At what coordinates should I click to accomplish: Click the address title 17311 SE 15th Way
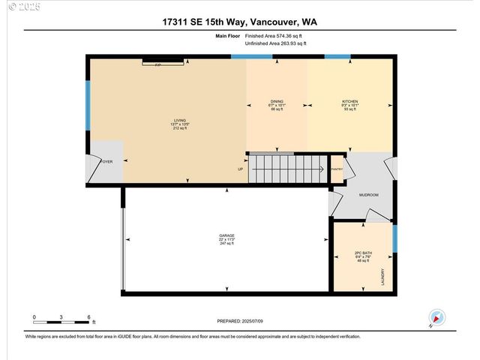pyautogui.click(x=239, y=22)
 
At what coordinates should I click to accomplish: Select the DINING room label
pyautogui.click(x=277, y=105)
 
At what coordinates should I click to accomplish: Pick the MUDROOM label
pyautogui.click(x=368, y=195)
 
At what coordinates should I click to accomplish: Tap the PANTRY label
pyautogui.click(x=337, y=169)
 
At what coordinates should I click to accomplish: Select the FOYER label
pyautogui.click(x=107, y=161)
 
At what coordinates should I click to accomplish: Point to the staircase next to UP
pyautogui.click(x=289, y=168)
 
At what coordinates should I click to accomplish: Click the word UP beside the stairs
pyautogui.click(x=240, y=169)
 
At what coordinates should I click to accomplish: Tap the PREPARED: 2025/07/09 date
pyautogui.click(x=240, y=321)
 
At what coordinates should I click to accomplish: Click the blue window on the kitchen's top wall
pyautogui.click(x=337, y=57)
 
